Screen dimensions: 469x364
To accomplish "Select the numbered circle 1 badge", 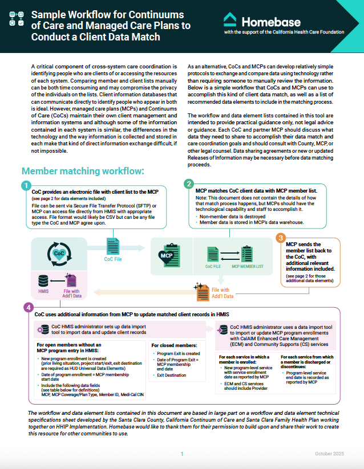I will (x=26, y=185).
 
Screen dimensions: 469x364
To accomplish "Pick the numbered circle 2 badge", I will (x=189, y=183).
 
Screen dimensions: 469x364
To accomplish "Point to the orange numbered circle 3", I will (x=280, y=238).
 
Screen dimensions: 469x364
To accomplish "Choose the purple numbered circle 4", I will (x=28, y=307).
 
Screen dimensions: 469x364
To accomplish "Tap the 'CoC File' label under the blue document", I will (x=112, y=259).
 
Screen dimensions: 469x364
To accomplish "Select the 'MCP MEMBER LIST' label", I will (x=247, y=266).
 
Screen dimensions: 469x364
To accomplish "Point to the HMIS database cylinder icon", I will (x=43, y=281).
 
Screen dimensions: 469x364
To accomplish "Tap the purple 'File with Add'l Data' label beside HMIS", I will (x=71, y=293).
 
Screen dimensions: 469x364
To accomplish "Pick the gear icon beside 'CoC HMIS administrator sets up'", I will (x=39, y=330).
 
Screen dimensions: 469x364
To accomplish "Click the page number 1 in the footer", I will (x=182, y=454).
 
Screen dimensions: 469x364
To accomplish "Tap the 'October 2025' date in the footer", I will (x=330, y=454).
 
